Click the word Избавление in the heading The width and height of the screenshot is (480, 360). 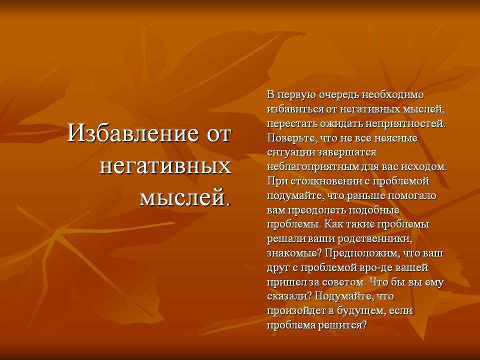coord(132,133)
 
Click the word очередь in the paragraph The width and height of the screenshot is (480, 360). coord(339,95)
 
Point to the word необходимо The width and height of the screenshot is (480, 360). coord(393,94)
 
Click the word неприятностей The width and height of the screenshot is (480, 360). coord(405,124)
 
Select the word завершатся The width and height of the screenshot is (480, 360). coord(347,153)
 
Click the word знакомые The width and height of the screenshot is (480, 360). coord(294,253)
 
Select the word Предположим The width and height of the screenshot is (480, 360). coord(363,253)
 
